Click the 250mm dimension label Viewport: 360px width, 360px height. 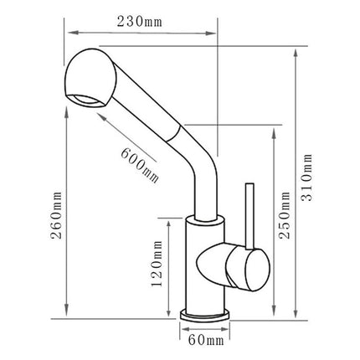click(x=285, y=222)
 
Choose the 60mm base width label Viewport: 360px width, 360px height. click(x=206, y=340)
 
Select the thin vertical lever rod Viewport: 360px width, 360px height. click(x=247, y=213)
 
